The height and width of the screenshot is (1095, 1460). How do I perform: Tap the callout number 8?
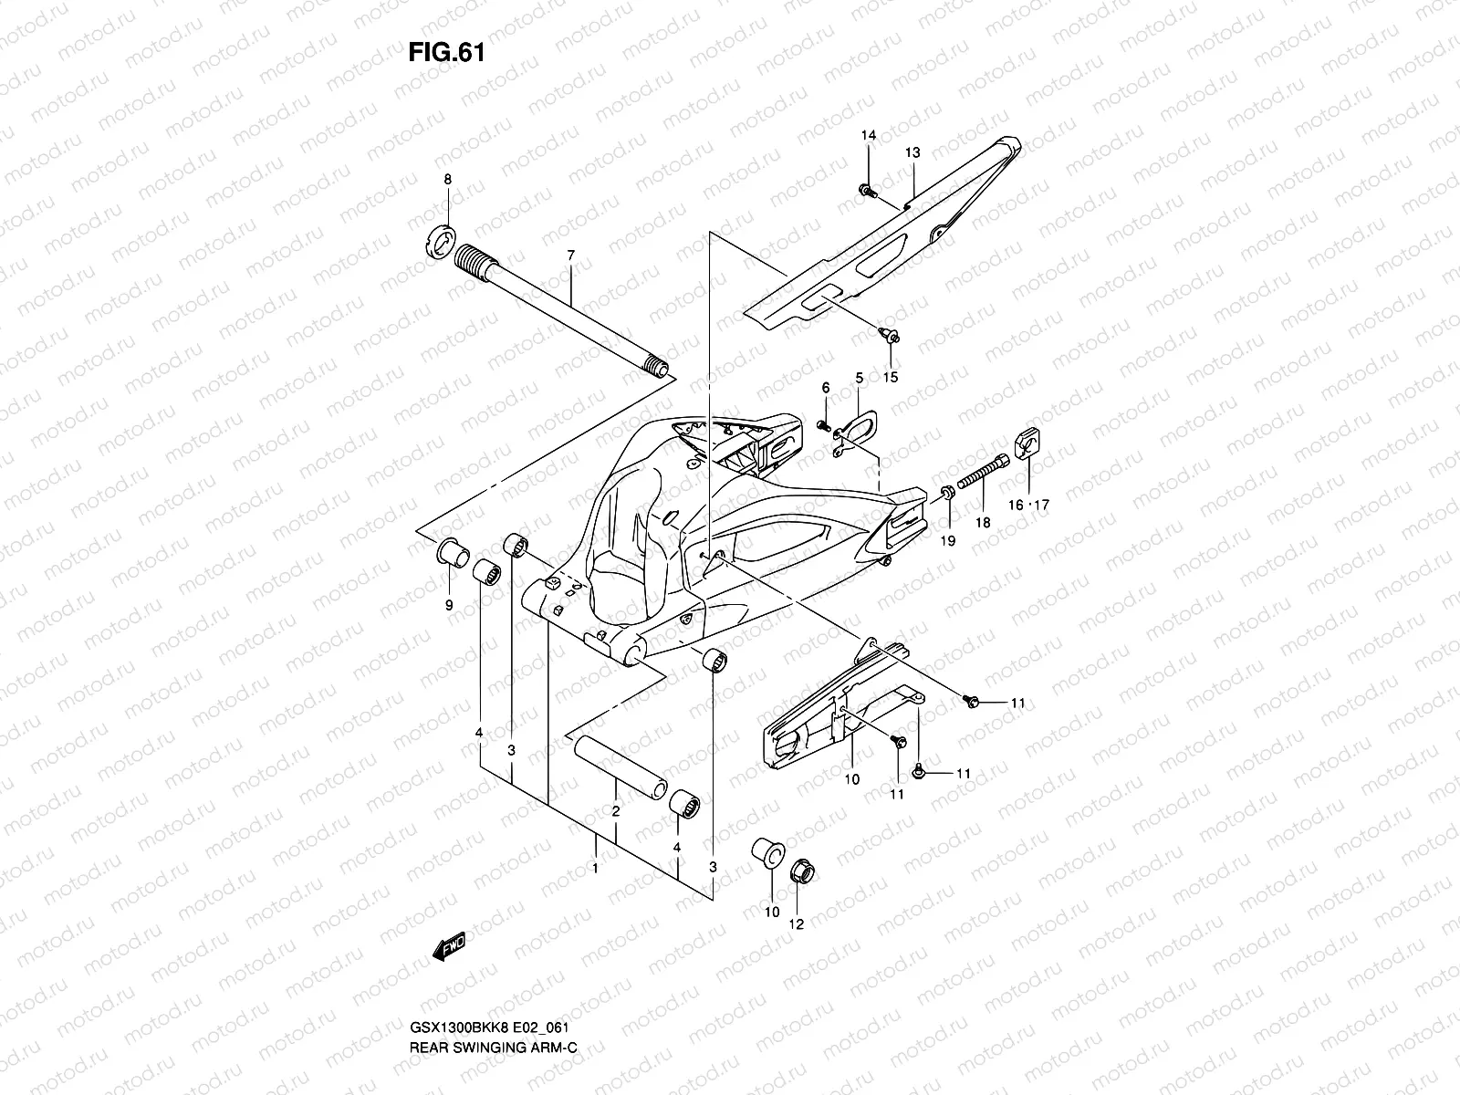click(447, 180)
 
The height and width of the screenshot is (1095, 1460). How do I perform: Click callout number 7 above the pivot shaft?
click(570, 255)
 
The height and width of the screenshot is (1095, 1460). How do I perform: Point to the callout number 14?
click(869, 135)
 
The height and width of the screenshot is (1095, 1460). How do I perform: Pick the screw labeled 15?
click(892, 336)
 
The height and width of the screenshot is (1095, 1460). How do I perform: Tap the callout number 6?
click(826, 388)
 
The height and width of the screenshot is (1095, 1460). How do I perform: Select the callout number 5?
click(859, 377)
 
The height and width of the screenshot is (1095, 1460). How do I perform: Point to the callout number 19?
click(948, 541)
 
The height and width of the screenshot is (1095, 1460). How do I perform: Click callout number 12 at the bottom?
click(796, 924)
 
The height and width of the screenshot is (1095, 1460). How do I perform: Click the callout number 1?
click(595, 869)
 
